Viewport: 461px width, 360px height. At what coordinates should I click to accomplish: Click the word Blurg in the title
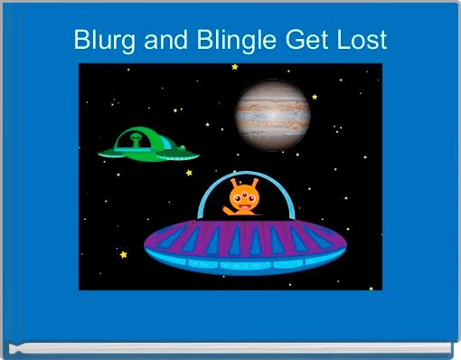coord(100,41)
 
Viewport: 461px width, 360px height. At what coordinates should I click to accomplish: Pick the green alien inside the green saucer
coord(136,140)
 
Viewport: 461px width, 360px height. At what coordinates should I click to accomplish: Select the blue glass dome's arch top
coord(247,174)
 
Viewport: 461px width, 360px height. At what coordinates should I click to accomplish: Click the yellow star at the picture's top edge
coord(235,66)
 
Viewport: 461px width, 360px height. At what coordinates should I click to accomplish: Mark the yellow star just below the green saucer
coord(190,172)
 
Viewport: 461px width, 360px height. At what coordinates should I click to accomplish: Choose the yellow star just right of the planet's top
coord(314,96)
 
